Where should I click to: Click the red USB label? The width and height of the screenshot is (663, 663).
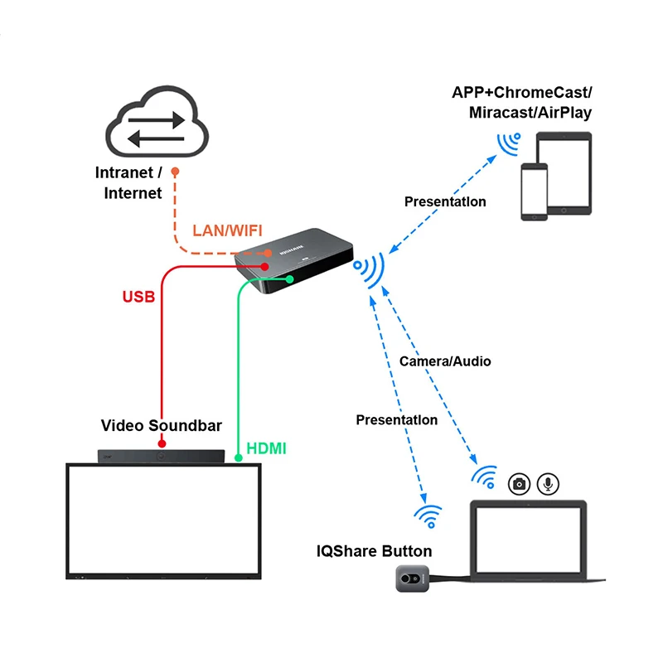point(138,296)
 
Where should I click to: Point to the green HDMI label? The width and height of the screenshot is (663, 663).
point(267,448)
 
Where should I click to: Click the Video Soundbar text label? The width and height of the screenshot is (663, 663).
point(162,426)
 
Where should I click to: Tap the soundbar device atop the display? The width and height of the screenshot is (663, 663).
point(162,455)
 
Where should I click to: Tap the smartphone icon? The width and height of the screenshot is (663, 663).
point(535,191)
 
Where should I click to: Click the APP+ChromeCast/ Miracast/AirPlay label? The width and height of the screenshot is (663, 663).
point(522,102)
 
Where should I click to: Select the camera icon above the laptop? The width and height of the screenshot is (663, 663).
point(520,484)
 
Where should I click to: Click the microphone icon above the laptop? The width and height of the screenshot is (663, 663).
point(547,483)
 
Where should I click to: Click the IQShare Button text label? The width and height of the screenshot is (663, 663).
point(375,551)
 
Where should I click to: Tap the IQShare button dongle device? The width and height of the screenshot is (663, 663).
point(409,578)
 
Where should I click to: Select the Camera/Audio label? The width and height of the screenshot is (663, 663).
point(445,361)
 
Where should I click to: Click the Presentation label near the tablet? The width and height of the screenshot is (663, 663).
point(445,201)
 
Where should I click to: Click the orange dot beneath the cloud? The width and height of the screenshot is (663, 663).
point(175,172)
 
